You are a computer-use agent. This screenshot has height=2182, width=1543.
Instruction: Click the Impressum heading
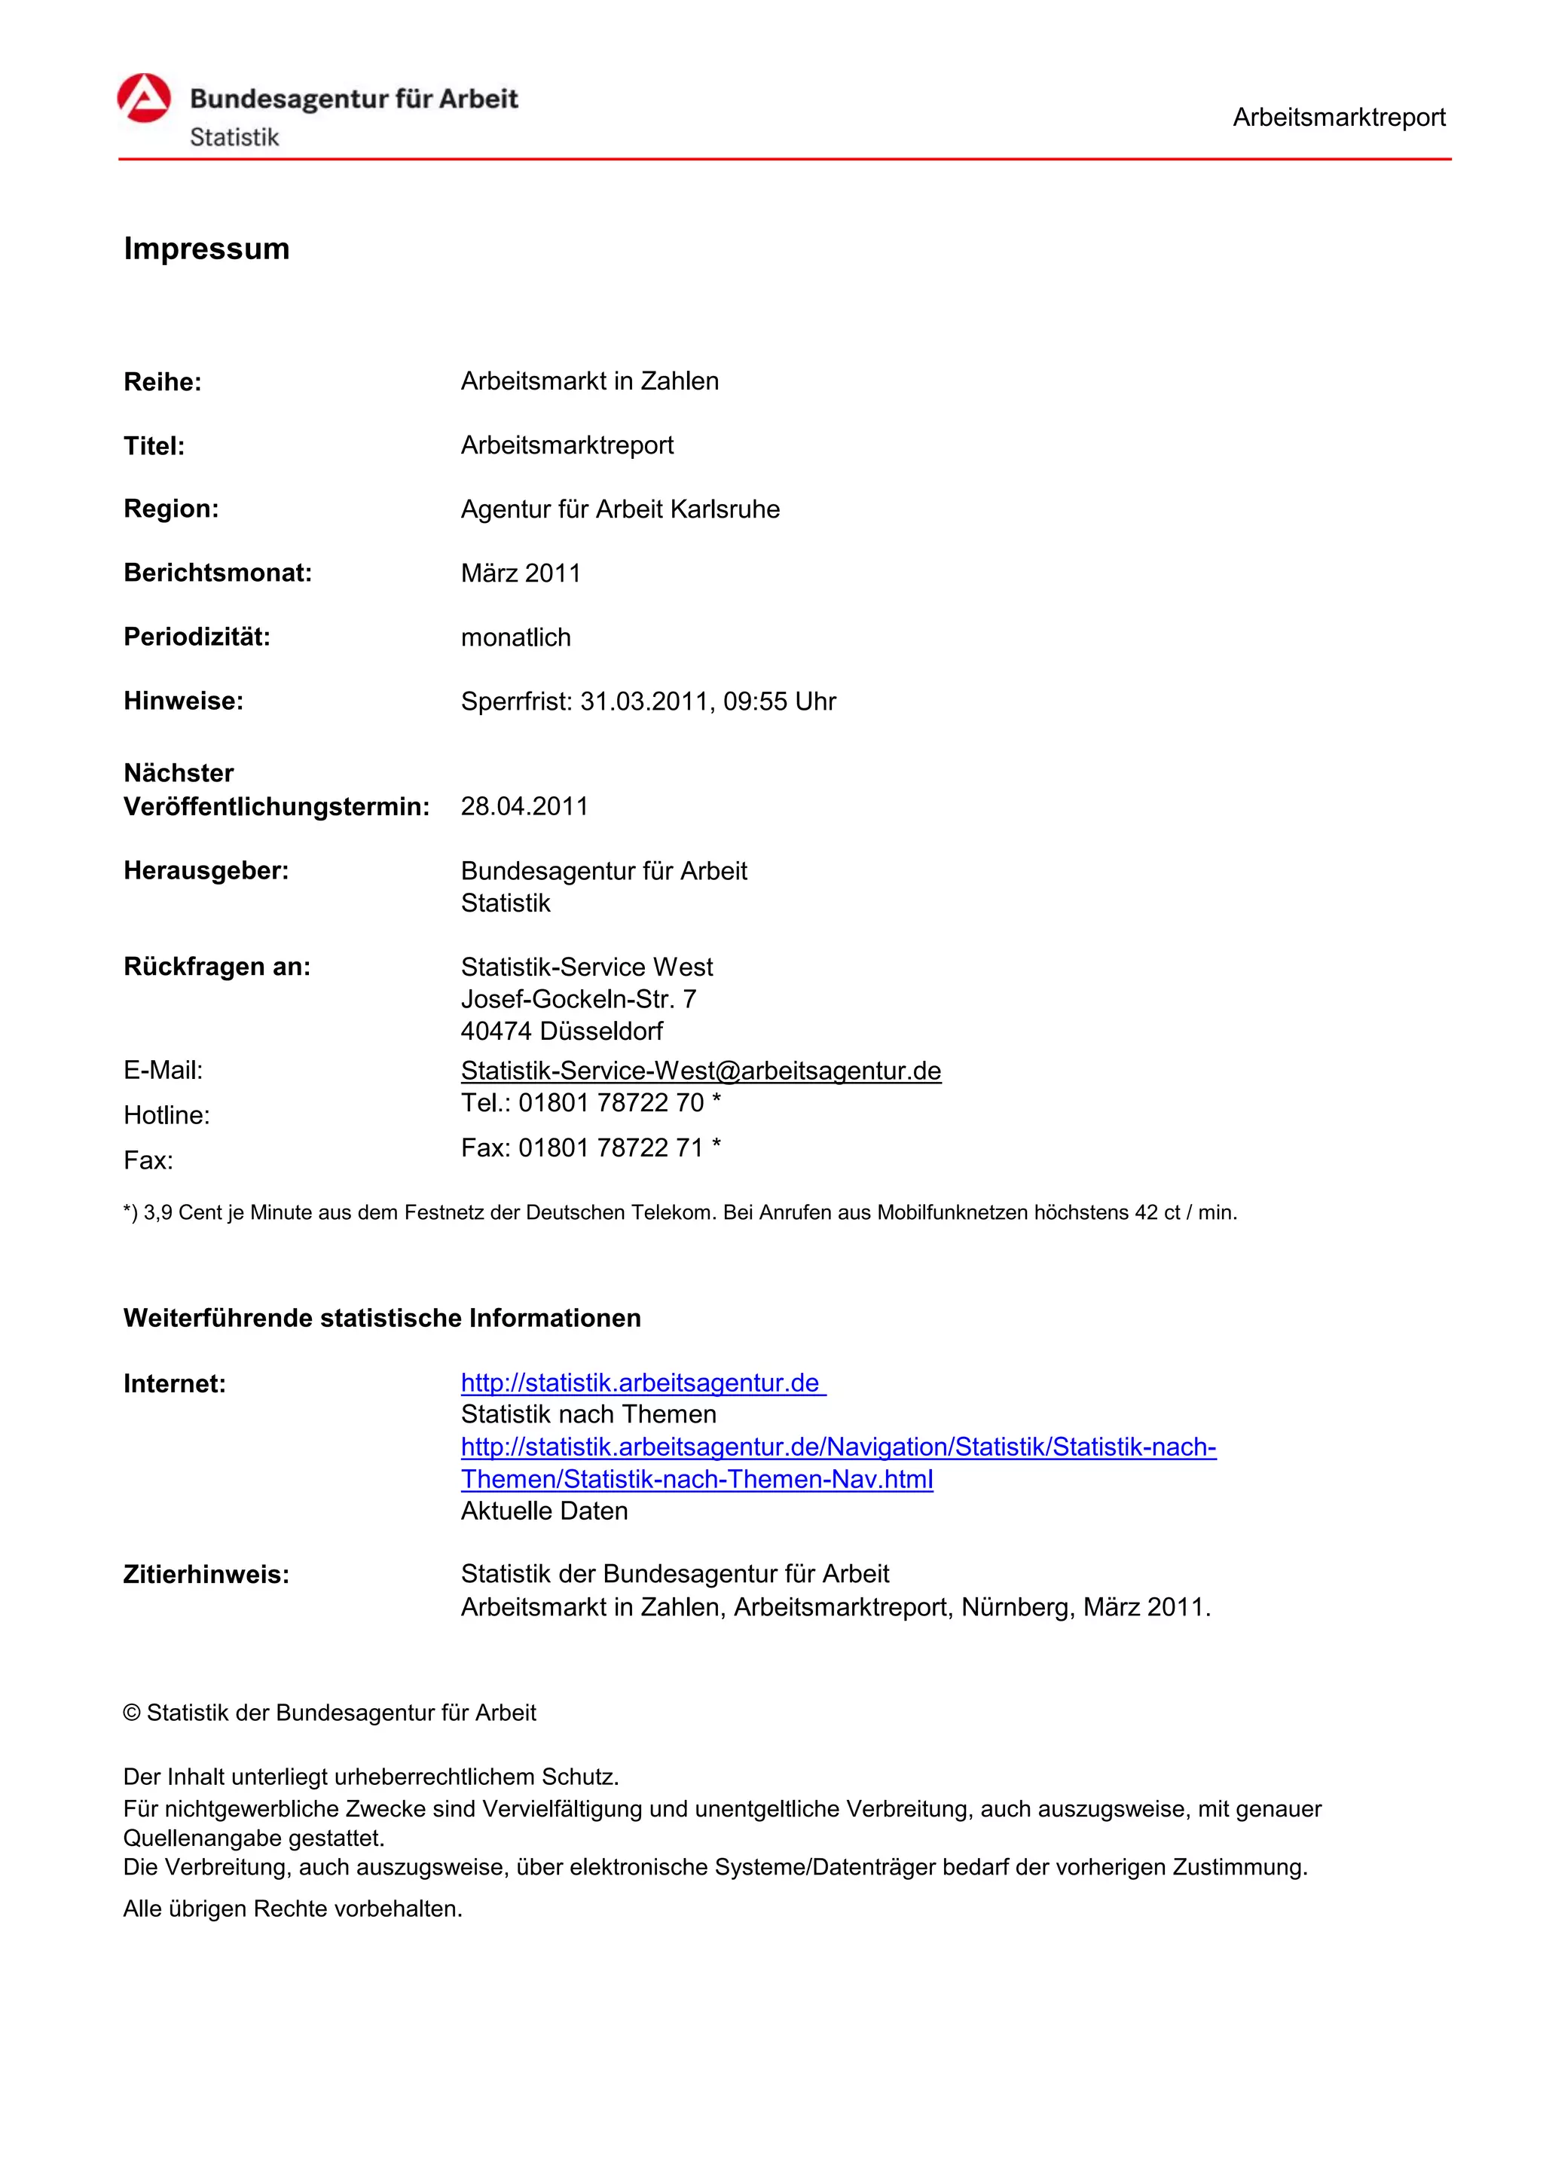click(x=206, y=249)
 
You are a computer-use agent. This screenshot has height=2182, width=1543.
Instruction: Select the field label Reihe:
click(x=163, y=382)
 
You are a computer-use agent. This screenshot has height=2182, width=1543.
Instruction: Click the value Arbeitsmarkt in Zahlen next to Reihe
click(x=589, y=381)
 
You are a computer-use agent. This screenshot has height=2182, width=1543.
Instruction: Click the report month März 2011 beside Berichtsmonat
click(x=521, y=573)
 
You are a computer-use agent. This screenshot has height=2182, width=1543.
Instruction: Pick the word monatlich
click(x=516, y=637)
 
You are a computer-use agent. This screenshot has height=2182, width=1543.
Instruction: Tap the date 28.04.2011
click(x=524, y=807)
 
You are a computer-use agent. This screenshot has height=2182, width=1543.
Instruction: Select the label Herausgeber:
click(x=206, y=870)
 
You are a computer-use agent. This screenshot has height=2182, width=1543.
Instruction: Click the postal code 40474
click(x=496, y=1031)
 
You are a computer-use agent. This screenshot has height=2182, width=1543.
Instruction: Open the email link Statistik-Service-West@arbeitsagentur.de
click(x=700, y=1071)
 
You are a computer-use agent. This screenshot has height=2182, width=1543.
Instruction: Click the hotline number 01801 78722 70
click(x=611, y=1103)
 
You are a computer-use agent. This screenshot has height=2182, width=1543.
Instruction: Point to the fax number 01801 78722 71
click(x=611, y=1148)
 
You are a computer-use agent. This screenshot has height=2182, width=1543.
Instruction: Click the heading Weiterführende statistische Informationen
click(x=382, y=1318)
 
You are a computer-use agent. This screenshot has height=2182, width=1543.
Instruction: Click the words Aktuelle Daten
click(x=545, y=1511)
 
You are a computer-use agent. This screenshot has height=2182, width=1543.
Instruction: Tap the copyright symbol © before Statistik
click(x=132, y=1713)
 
